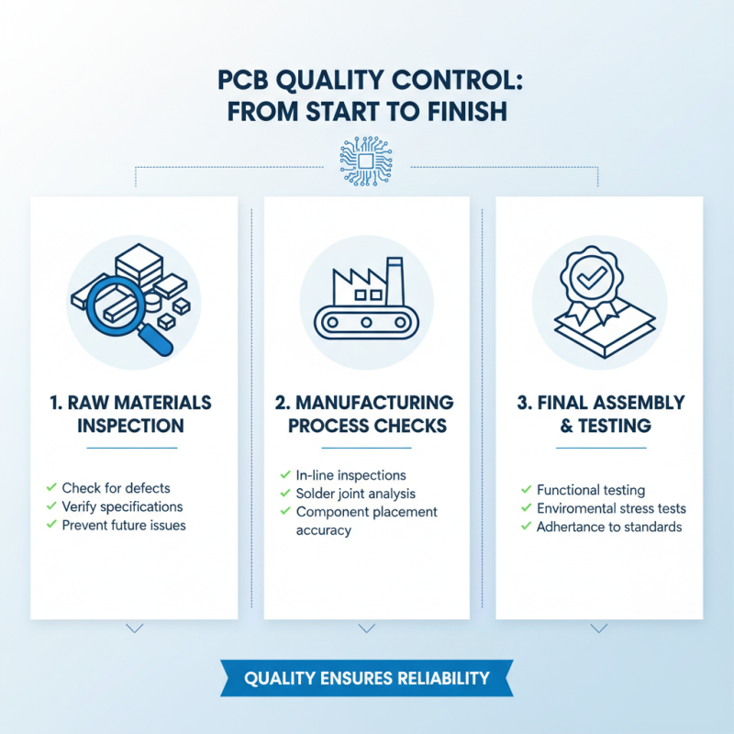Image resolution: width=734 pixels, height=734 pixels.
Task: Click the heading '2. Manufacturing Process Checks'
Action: click(366, 414)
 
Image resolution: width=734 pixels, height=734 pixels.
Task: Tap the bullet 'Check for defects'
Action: click(116, 487)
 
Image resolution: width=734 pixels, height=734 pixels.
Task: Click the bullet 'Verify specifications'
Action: click(122, 506)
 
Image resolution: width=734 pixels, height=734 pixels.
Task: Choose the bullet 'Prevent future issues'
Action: click(124, 526)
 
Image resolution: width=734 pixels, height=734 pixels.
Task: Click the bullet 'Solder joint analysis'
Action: click(356, 494)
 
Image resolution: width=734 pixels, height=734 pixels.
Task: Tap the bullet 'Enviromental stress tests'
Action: click(611, 508)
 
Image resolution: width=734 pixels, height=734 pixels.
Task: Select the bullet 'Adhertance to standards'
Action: click(609, 527)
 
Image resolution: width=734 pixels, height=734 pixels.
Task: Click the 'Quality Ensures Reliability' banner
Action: click(366, 679)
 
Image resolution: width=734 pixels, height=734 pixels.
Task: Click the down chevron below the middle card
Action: click(367, 628)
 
